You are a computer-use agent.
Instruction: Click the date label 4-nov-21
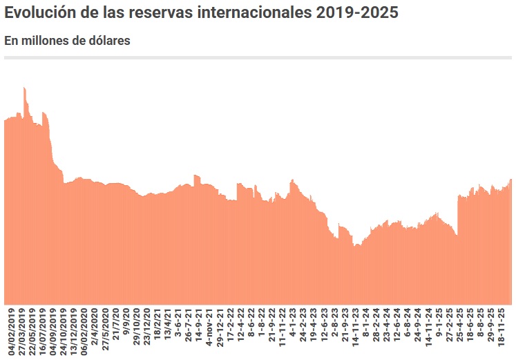[x=209, y=330]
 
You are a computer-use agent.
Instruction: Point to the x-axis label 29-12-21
[x=220, y=331]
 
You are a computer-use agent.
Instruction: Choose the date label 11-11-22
[x=282, y=331]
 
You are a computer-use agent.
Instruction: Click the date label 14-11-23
[x=355, y=331]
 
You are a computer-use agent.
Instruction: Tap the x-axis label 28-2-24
[x=376, y=330]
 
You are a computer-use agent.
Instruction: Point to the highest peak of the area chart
[x=24, y=88]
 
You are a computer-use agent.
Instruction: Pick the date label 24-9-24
[x=417, y=330]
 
